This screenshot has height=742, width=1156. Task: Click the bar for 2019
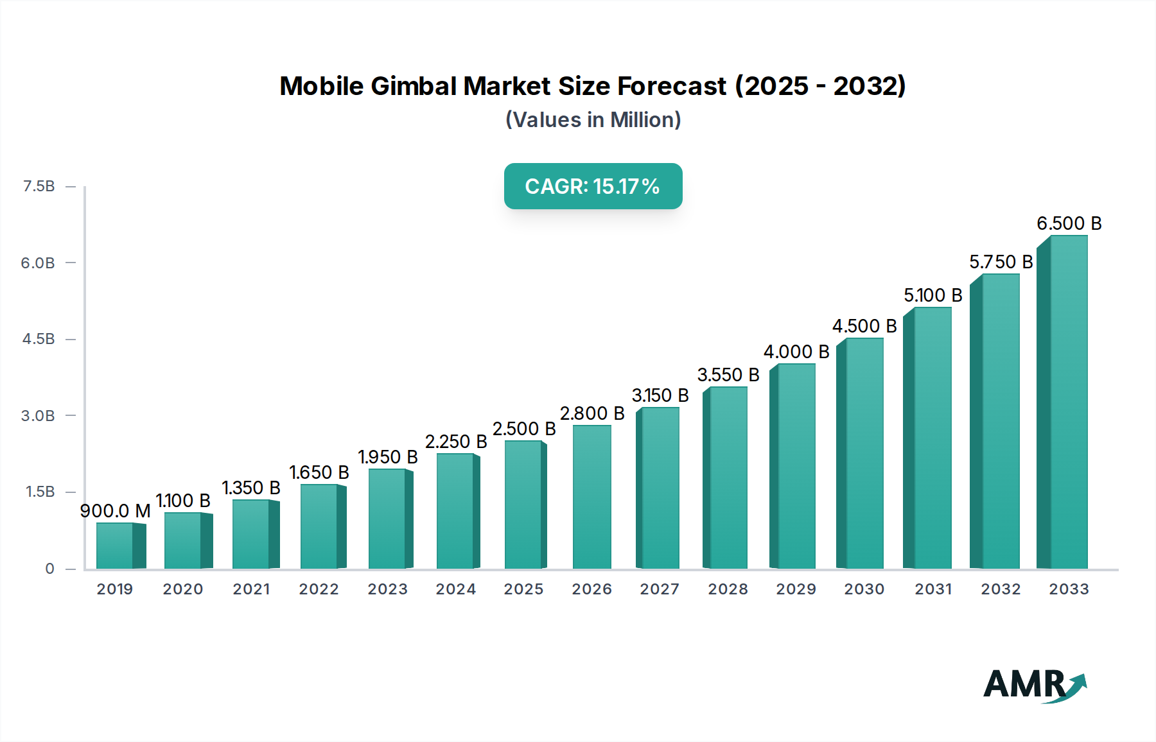click(116, 546)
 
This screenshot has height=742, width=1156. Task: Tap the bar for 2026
click(591, 497)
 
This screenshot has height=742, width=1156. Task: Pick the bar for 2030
click(864, 454)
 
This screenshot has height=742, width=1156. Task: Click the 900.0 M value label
click(115, 511)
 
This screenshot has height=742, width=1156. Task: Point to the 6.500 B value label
click(1069, 223)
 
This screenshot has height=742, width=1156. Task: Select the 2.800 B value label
click(591, 413)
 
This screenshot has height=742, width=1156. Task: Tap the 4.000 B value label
click(796, 352)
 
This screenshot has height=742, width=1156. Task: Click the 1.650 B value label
click(319, 472)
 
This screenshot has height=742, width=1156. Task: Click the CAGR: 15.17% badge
click(593, 186)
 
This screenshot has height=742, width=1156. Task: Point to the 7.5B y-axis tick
click(39, 186)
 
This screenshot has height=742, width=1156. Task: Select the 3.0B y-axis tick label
click(38, 415)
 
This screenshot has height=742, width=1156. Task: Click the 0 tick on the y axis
click(49, 569)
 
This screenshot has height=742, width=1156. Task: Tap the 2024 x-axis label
click(455, 589)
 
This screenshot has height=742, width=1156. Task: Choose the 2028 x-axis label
click(728, 589)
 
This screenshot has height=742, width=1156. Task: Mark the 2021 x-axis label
click(251, 589)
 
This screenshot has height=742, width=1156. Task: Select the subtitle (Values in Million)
click(593, 120)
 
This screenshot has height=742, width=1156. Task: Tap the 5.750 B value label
click(1001, 262)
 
